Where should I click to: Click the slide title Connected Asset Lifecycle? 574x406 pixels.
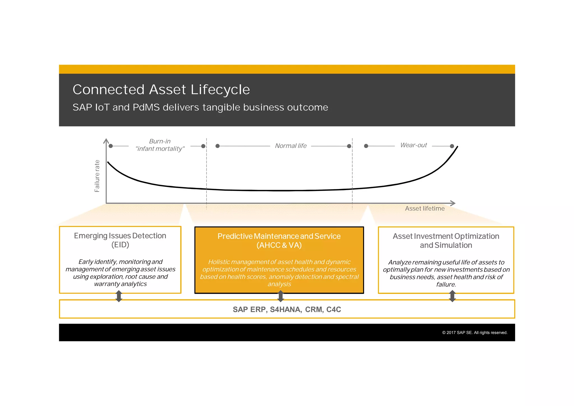pyautogui.click(x=161, y=90)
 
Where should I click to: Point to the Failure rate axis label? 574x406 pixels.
pyautogui.click(x=97, y=176)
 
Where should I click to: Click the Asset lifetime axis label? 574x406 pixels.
pyautogui.click(x=425, y=209)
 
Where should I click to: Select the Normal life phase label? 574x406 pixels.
pyautogui.click(x=291, y=146)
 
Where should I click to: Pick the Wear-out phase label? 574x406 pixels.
pyautogui.click(x=413, y=145)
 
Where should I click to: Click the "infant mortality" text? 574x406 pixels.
pyautogui.click(x=160, y=149)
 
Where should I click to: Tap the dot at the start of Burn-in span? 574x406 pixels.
pyautogui.click(x=111, y=146)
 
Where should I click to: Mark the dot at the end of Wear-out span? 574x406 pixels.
pyautogui.click(x=452, y=146)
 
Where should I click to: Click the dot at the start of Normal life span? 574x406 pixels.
pyautogui.click(x=217, y=146)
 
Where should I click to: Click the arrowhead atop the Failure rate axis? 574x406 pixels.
pyautogui.click(x=106, y=141)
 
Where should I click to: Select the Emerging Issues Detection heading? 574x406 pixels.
pyautogui.click(x=120, y=236)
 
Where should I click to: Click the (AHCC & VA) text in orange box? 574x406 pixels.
pyautogui.click(x=279, y=245)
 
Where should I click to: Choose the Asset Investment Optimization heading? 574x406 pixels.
pyautogui.click(x=446, y=236)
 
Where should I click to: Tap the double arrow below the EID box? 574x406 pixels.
pyautogui.click(x=119, y=296)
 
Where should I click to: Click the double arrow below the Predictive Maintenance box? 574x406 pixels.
pyautogui.click(x=281, y=296)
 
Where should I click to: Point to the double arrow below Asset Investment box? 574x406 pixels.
pyautogui.click(x=452, y=296)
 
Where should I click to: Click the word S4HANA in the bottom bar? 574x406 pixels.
pyautogui.click(x=286, y=310)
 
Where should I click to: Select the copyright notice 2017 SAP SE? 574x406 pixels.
pyautogui.click(x=475, y=333)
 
